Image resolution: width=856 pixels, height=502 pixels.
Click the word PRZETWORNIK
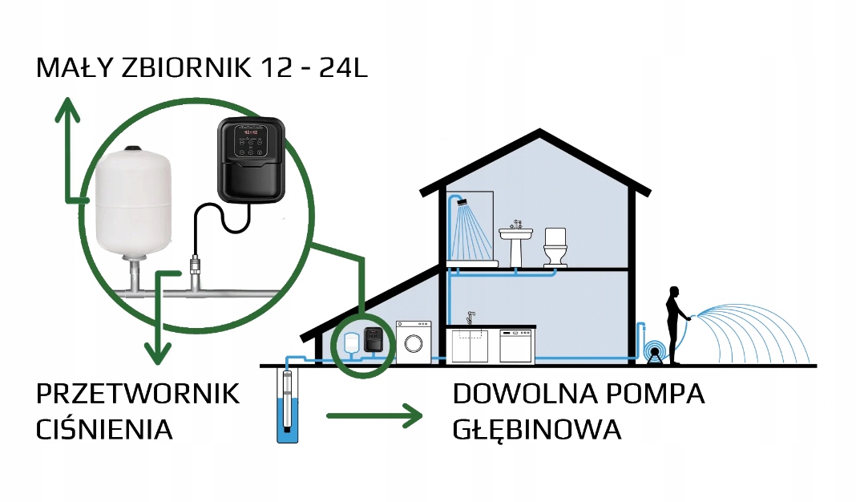[139, 394]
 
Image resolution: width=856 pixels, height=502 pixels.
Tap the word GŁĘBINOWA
[537, 430]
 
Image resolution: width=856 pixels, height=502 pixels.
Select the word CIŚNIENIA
[105, 430]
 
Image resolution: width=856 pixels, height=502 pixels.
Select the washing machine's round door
[413, 343]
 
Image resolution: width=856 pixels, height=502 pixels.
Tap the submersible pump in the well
[286, 401]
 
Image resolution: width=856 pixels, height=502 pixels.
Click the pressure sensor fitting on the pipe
[195, 265]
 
